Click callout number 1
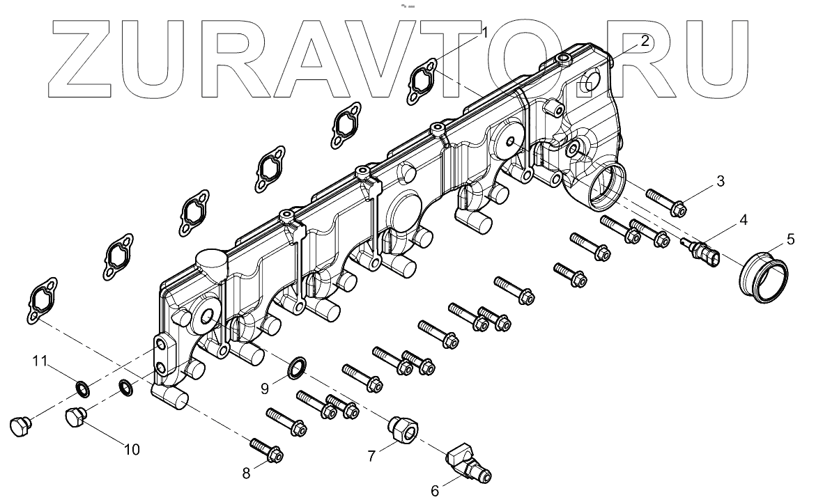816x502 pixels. click(x=484, y=33)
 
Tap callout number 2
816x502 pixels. click(x=645, y=41)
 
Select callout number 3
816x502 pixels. click(x=721, y=181)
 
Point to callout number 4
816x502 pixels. click(x=743, y=220)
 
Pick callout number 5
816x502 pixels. click(x=790, y=240)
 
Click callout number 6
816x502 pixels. click(x=435, y=491)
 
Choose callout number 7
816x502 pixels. click(x=371, y=456)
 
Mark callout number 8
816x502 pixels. click(x=245, y=473)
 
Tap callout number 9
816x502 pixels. click(x=264, y=388)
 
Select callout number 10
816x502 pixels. click(x=132, y=450)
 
